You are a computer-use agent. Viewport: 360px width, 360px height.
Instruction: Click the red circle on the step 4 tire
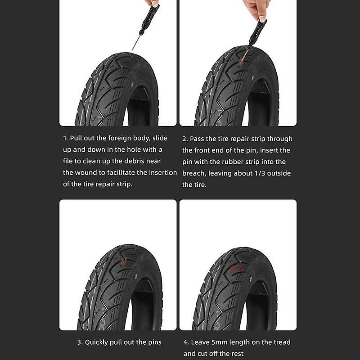(237, 269)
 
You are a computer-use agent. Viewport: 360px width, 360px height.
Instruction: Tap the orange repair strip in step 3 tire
(122, 261)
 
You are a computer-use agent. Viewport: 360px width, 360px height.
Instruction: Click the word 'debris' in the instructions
(148, 161)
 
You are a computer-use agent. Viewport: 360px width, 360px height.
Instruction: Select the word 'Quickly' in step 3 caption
(98, 342)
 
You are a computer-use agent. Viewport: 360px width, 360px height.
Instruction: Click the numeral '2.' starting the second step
(184, 139)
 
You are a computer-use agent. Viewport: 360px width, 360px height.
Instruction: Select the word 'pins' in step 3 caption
(154, 342)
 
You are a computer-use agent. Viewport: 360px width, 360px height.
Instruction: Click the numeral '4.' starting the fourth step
(185, 342)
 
